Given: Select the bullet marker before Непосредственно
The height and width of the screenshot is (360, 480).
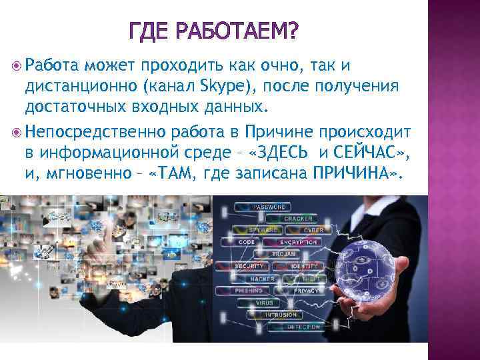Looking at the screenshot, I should pyautogui.click(x=17, y=129).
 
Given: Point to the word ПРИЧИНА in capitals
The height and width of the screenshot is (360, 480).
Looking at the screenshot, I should pyautogui.click(x=358, y=174).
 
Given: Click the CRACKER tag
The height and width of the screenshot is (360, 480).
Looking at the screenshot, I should pyautogui.click(x=297, y=219).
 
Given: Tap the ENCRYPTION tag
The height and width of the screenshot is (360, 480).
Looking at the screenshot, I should pyautogui.click(x=298, y=242).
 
